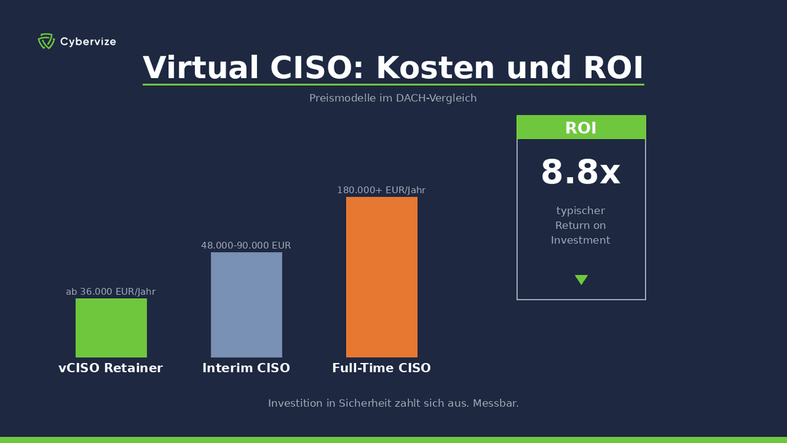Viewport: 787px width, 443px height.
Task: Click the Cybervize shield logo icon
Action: (46, 41)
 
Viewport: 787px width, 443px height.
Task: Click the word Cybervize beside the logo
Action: (88, 42)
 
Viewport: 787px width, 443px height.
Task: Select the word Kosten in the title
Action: (435, 68)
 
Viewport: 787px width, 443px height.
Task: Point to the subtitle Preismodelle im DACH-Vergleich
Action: (393, 98)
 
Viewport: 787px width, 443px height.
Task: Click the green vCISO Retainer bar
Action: (111, 327)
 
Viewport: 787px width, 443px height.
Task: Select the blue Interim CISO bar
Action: (246, 305)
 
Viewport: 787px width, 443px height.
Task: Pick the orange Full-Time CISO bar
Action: (381, 277)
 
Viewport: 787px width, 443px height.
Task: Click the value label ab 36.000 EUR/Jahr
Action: (111, 292)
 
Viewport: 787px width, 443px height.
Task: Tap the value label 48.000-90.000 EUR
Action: (246, 245)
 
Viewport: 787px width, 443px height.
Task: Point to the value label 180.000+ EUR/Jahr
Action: (381, 190)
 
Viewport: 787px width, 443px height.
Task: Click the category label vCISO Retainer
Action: (111, 368)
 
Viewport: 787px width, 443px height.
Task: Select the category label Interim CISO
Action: (246, 368)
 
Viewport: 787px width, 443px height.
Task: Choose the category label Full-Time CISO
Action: (381, 368)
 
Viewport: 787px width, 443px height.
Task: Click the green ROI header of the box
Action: (581, 127)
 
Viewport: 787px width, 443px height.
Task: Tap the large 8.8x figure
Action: (580, 173)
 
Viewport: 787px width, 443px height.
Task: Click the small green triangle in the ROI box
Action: (581, 280)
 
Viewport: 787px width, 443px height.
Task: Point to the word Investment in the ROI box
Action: (580, 240)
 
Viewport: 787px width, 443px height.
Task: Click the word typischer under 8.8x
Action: (580, 211)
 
